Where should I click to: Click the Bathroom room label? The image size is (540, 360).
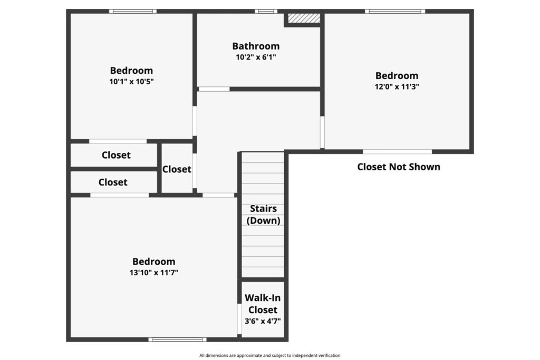point(256,46)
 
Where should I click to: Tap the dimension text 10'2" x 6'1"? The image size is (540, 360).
point(256,57)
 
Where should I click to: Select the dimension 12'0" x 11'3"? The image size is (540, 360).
point(397,86)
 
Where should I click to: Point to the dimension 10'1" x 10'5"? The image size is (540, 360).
point(131,82)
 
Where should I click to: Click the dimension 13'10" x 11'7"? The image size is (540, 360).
point(153,273)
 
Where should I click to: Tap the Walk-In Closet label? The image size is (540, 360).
point(263,304)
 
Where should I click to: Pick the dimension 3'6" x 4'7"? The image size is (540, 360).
point(263,321)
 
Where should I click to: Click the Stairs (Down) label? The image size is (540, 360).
point(263,215)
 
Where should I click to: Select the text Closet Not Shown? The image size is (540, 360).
point(399,167)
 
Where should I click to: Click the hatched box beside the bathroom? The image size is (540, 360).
point(304,18)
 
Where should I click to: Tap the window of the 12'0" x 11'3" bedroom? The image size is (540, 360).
point(395,12)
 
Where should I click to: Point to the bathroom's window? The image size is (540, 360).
point(266,12)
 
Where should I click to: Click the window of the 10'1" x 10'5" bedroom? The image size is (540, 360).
point(132,12)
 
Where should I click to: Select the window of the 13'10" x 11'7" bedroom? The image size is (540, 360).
point(177,339)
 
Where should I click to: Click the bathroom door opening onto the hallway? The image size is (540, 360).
point(214,89)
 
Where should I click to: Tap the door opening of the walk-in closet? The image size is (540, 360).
point(239,319)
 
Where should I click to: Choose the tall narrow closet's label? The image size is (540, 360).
point(177,169)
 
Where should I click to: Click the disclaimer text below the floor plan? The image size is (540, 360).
point(269,356)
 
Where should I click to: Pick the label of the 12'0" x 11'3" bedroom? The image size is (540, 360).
point(397,76)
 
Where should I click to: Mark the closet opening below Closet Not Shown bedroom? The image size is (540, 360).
point(398,152)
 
